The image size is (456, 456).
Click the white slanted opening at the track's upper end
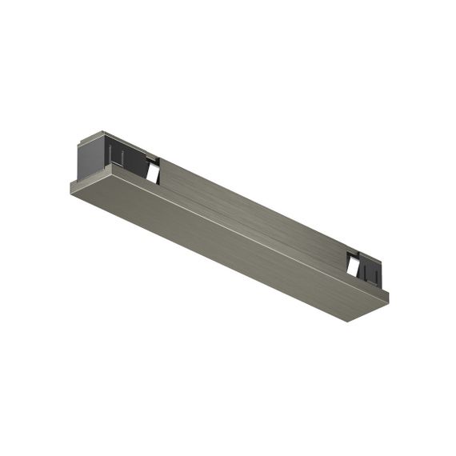(x=151, y=170)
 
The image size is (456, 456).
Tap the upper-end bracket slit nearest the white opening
(x=144, y=160)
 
